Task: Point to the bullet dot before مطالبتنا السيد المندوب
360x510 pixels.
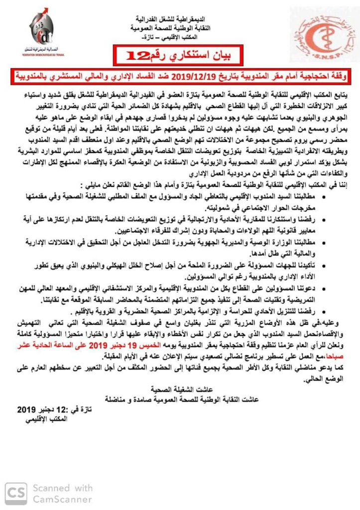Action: coord(325,198)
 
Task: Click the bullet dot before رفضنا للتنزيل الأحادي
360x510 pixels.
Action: coord(325,314)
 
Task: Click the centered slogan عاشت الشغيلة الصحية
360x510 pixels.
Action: coord(180,389)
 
